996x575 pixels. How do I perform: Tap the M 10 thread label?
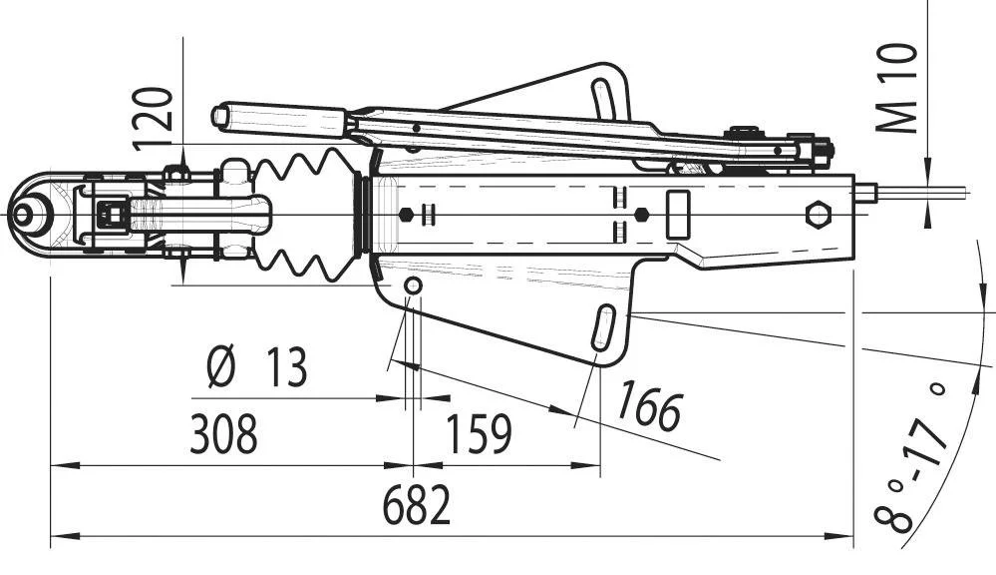(899, 88)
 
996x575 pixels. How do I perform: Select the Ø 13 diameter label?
(256, 368)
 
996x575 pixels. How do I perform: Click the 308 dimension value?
(223, 434)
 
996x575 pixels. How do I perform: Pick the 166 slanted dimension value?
(648, 406)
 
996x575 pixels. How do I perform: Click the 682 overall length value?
(417, 507)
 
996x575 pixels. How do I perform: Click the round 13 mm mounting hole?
(413, 287)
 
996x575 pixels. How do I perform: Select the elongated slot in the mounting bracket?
(604, 328)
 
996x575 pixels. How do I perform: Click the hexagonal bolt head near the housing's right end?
(819, 215)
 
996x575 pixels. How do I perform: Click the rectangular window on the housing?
(680, 213)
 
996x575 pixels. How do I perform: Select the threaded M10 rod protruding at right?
(917, 191)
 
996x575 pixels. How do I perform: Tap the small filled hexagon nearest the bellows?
(406, 214)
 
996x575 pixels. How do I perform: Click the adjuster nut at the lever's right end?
(821, 150)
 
